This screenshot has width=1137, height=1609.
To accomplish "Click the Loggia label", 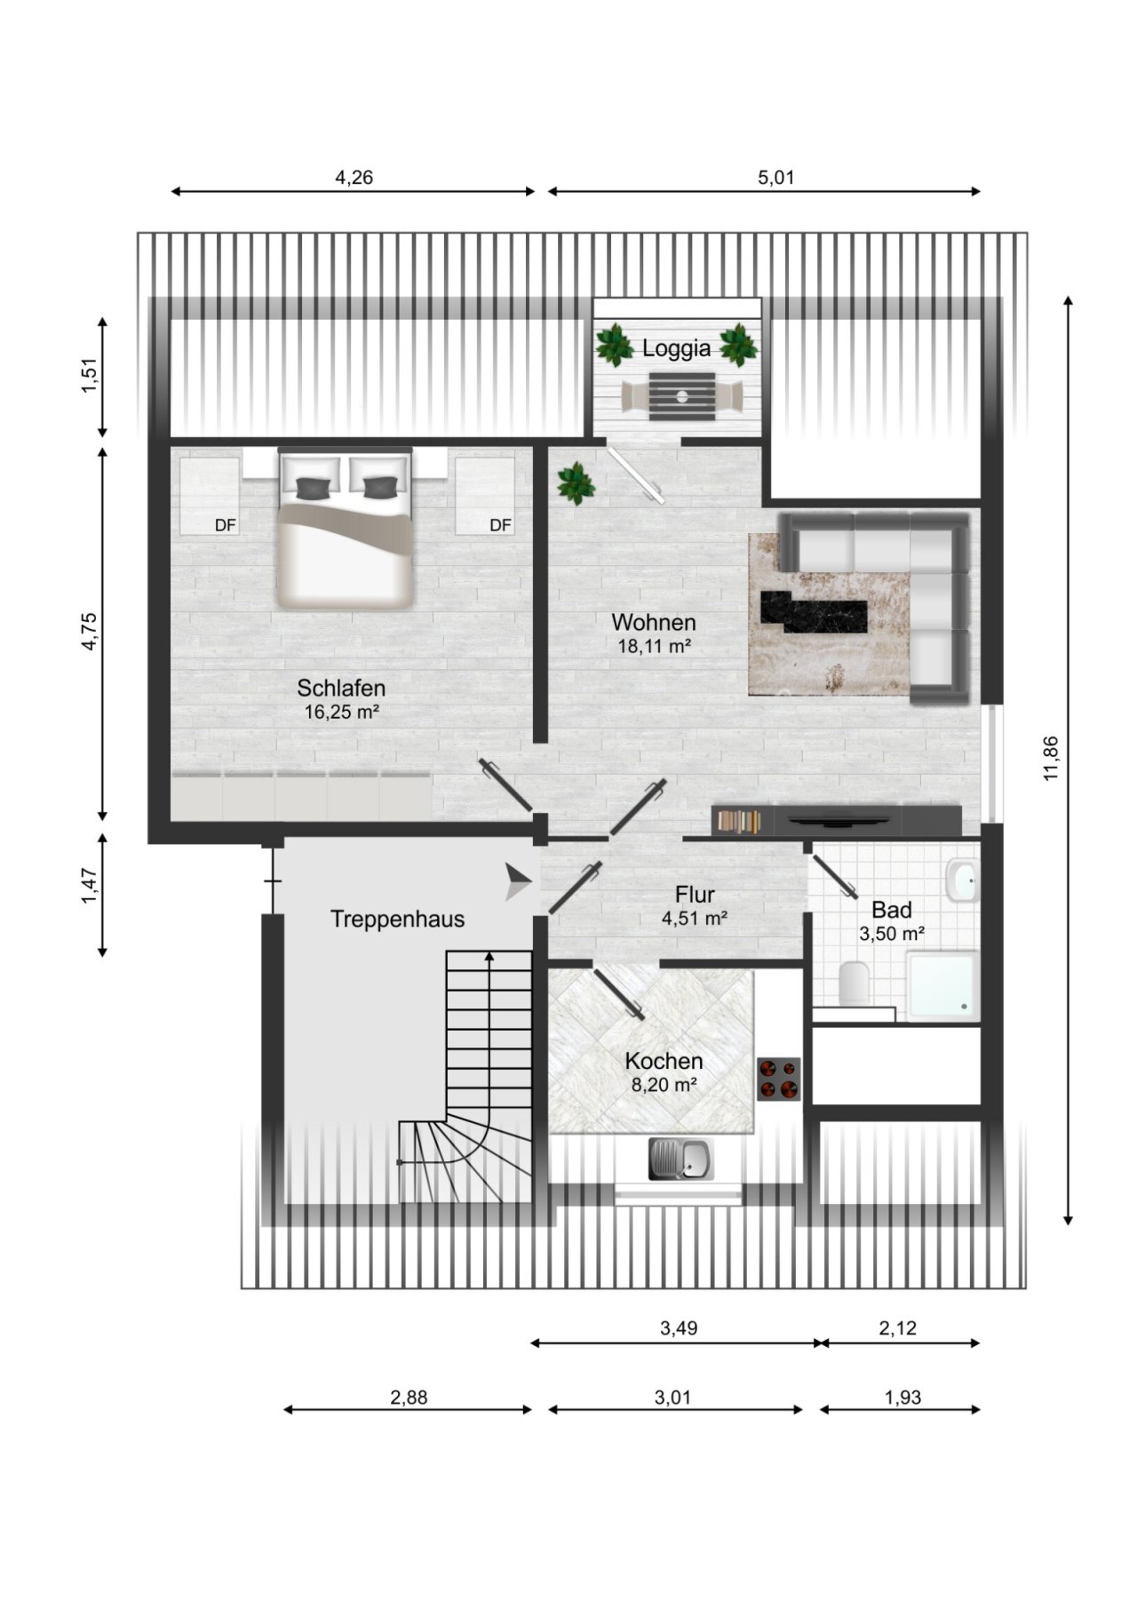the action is [x=677, y=348].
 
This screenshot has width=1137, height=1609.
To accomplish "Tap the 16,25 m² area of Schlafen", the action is [x=342, y=712].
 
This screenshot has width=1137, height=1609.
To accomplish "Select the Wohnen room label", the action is [x=654, y=622].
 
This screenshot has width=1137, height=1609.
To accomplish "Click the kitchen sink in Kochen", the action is [x=680, y=1159].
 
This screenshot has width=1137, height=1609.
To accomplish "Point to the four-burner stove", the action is [x=779, y=1079].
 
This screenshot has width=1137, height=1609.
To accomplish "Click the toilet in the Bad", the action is [x=854, y=983].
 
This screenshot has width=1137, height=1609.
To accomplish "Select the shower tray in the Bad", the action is [x=942, y=984].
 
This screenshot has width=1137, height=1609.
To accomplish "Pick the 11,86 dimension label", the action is [x=1052, y=759].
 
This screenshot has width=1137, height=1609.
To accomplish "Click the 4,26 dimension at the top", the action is [x=354, y=178].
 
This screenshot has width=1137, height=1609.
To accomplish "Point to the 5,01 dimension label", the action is [x=775, y=178].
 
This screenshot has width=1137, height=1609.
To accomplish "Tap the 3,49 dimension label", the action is [x=679, y=1328].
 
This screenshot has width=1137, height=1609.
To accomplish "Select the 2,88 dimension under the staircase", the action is [x=409, y=1398].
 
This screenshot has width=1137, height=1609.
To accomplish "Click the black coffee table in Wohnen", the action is [x=814, y=612].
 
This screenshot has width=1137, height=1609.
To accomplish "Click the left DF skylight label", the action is [x=226, y=525].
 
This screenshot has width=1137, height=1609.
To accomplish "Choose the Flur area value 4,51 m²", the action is [x=695, y=919].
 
